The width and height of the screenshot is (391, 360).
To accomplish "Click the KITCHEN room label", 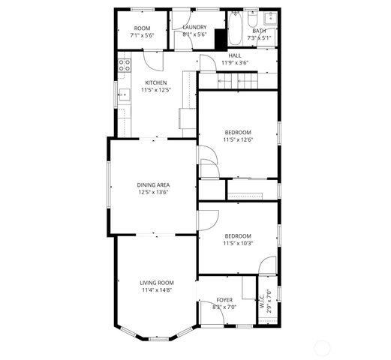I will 156,82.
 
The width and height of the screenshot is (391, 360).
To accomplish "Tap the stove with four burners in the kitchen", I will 125,65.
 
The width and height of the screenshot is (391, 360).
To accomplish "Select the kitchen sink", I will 124,96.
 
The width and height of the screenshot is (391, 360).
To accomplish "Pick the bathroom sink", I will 270,18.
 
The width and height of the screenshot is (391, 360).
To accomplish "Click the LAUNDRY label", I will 194,27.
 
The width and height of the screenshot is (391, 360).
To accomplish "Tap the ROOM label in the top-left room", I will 142,27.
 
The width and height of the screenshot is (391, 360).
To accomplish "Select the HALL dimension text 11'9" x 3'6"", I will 235,63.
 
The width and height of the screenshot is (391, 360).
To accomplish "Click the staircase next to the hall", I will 237,79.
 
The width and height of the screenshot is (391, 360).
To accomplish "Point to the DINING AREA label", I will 152,184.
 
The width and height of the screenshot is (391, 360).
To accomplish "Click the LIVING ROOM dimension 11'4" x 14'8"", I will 156,290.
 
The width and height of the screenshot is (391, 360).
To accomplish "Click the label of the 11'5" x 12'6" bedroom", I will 237,132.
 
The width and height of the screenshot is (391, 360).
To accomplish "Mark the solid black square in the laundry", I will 220,39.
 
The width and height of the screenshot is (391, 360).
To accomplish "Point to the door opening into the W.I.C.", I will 267,266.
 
